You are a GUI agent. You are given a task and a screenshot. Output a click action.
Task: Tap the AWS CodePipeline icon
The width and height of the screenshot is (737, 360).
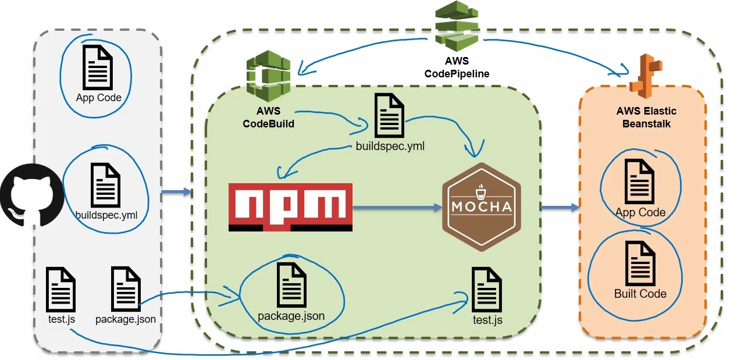pos(457,27)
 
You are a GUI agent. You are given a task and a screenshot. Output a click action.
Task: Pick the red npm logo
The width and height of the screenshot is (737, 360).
pos(290,207)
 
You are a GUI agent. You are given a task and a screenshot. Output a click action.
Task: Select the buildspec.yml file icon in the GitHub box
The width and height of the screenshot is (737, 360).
pos(106,184)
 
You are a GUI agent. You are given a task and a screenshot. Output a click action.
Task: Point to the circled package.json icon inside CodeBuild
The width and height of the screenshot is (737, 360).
pos(291,285)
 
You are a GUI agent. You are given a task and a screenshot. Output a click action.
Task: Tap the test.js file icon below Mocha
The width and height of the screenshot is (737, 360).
pos(487,289)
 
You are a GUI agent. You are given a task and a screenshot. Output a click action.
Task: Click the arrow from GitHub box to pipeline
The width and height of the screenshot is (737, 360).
pos(176,192)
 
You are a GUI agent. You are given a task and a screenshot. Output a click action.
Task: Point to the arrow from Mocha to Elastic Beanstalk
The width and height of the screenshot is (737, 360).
pos(560,207)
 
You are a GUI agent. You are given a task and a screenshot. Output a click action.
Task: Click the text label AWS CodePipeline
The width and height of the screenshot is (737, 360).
pos(457,67)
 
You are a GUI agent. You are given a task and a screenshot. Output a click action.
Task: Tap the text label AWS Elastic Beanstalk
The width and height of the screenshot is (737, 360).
pos(646,117)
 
